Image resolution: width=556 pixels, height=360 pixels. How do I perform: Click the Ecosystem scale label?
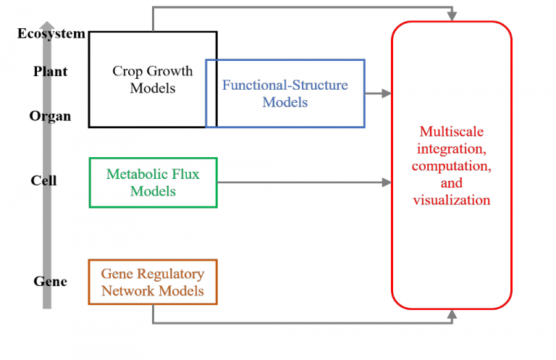pos(51,34)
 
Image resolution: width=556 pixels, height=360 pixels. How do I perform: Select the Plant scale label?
pos(50,72)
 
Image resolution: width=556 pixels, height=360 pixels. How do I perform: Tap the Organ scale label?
pos(50,116)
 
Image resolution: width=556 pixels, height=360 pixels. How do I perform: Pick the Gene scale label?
pos(50,282)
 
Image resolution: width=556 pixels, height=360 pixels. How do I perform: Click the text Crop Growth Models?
pos(153,80)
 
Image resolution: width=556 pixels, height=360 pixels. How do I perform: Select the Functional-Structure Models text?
pos(285,93)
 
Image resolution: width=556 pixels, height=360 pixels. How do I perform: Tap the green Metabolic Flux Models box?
pos(153,183)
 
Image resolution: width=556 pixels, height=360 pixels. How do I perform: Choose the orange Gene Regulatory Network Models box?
pos(153,282)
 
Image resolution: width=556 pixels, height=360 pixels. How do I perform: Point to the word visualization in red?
pos(451,200)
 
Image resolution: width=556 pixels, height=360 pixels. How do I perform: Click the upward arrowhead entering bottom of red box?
pos(452,314)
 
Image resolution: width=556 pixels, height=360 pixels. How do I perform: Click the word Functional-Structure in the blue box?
pos(285,85)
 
